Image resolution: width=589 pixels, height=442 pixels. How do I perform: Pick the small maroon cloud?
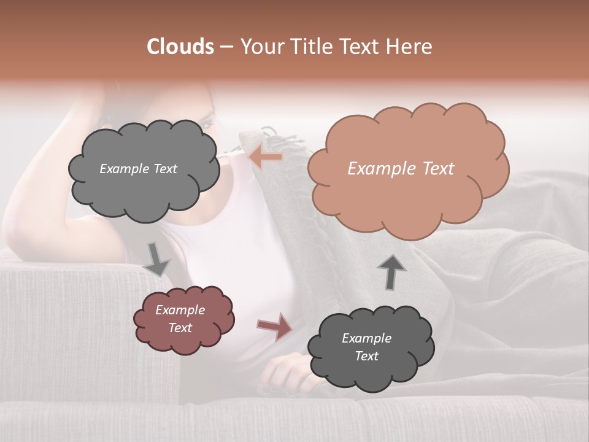[x=183, y=319]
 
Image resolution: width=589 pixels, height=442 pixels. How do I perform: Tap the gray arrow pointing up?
[x=391, y=272]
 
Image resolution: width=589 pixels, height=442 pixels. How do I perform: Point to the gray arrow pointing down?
[x=156, y=259]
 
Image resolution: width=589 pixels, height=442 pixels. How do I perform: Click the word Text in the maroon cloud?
[x=180, y=328]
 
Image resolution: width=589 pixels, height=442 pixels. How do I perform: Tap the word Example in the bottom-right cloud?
[x=366, y=338]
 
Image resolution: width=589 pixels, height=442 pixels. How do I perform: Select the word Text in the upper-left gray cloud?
[x=164, y=169]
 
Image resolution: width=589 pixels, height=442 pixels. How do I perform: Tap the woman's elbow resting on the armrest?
[x=25, y=236]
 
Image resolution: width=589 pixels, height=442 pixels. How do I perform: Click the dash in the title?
[x=226, y=47]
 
